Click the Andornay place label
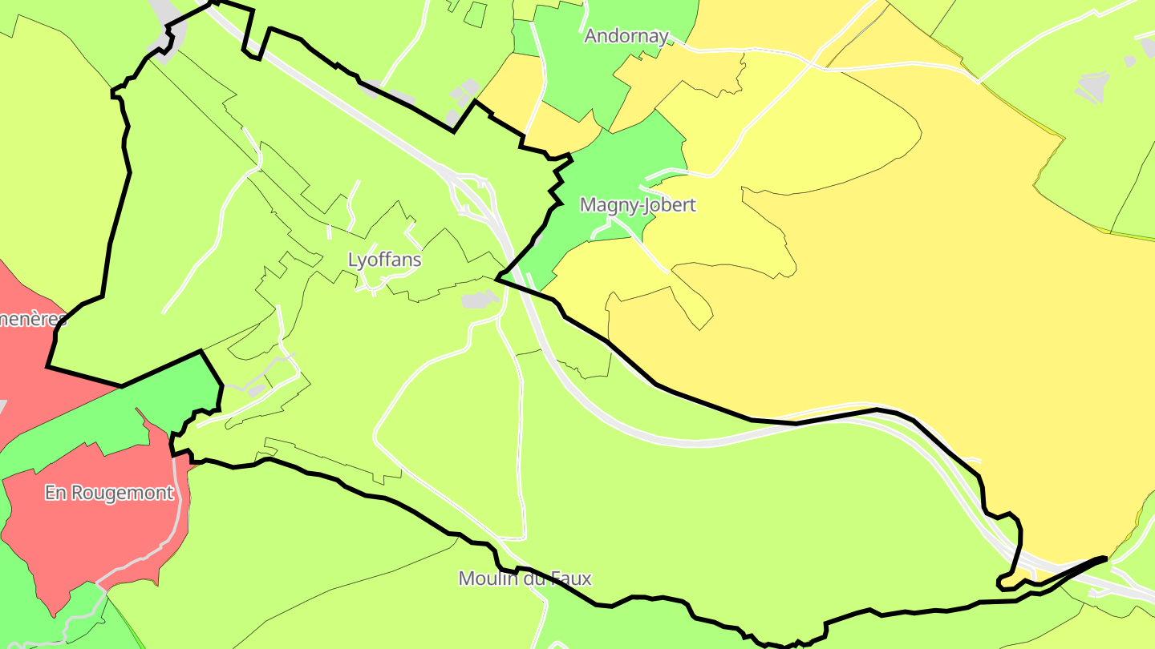pyautogui.click(x=626, y=36)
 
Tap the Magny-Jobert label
pyautogui.click(x=638, y=205)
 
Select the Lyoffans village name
pyautogui.click(x=384, y=260)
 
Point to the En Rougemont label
pyautogui.click(x=109, y=493)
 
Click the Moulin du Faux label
pyautogui.click(x=525, y=578)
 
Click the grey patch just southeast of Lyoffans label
pyautogui.click(x=480, y=300)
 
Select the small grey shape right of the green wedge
pyautogui.click(x=257, y=389)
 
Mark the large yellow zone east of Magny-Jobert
pyautogui.click(x=882, y=280)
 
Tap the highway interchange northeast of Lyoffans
pyautogui.click(x=473, y=192)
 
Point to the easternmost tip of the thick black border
pyautogui.click(x=1106, y=558)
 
